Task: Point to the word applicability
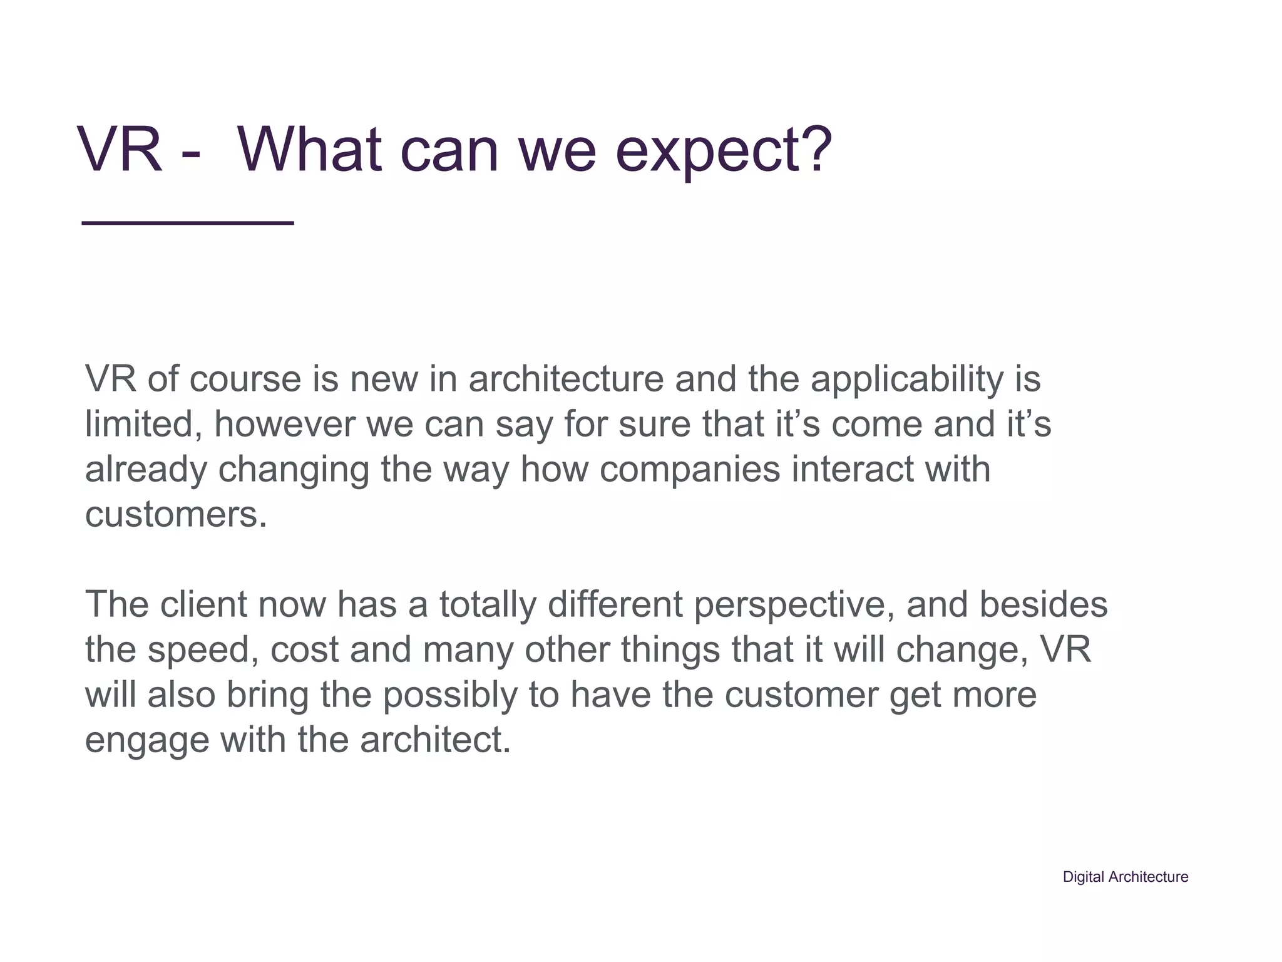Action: pyautogui.click(x=907, y=380)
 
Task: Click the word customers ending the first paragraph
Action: pyautogui.click(x=175, y=515)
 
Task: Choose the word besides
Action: pyautogui.click(x=1044, y=604)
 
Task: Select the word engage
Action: pyautogui.click(x=147, y=741)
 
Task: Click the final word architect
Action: pyautogui.click(x=435, y=740)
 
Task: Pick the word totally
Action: pyautogui.click(x=488, y=606)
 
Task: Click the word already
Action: pyautogui.click(x=146, y=470)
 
